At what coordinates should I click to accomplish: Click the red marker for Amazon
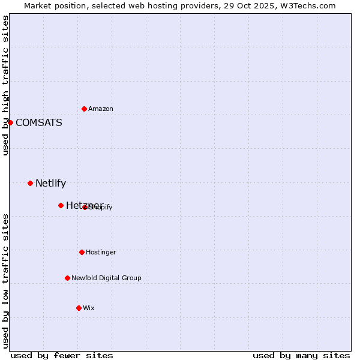[84, 109]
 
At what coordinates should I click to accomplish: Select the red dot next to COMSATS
[10, 122]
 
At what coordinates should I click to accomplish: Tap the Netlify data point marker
[30, 183]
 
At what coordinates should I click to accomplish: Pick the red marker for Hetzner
[61, 205]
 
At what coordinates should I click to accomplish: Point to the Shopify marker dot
[85, 207]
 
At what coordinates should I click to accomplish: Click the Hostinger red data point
[82, 252]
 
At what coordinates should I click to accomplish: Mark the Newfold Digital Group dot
[67, 278]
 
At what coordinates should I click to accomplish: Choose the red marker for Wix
[79, 308]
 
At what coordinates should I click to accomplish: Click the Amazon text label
[101, 109]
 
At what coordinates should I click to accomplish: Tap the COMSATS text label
[38, 122]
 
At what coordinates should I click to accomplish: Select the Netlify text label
[50, 183]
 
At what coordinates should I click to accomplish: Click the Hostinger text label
[101, 252]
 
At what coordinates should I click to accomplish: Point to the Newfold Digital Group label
[106, 278]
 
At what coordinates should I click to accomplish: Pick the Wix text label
[89, 308]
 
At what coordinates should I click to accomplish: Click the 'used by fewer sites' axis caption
[62, 355]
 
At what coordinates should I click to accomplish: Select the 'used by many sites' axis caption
[301, 355]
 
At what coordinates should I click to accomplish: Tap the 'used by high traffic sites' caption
[6, 85]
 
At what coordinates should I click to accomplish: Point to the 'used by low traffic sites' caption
[6, 280]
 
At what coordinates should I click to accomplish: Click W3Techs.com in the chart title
[310, 5]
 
